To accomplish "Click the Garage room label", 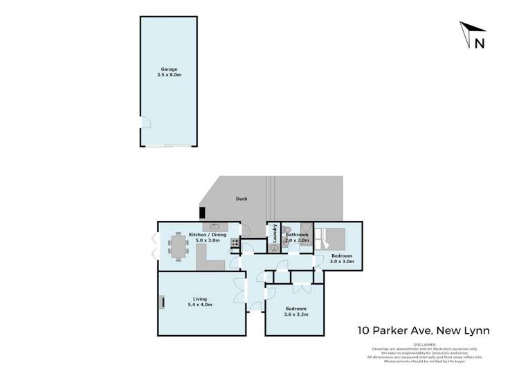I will [x=170, y=69].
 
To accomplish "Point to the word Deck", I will [x=241, y=199].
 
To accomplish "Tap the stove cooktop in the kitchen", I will [x=235, y=243].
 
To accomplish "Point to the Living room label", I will [x=199, y=299].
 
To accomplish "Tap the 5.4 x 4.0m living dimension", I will [x=199, y=305].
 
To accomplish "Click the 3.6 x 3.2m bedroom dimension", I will [x=294, y=314].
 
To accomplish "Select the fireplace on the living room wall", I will [x=162, y=301].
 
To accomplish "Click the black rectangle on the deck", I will [x=202, y=213].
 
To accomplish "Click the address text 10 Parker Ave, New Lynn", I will [x=423, y=331].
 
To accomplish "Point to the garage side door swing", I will [x=145, y=123].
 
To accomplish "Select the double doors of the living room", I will [x=241, y=291].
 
